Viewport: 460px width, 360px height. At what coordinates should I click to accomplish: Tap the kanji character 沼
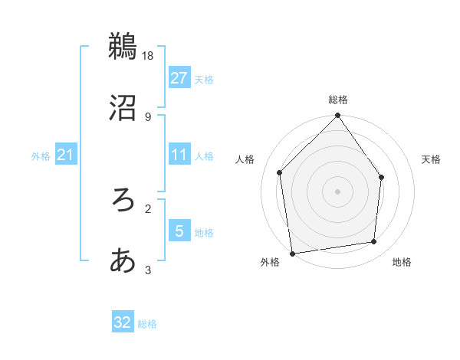(x=123, y=108)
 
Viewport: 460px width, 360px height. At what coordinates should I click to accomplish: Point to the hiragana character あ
(x=123, y=260)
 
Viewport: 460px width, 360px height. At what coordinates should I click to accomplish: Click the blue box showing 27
(x=179, y=78)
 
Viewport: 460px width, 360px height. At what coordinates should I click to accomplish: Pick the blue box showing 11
(x=179, y=155)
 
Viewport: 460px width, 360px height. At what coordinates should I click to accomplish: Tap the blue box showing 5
(x=179, y=231)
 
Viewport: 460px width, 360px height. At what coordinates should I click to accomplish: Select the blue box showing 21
(x=65, y=155)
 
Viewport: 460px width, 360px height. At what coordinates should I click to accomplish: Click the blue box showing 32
(x=123, y=322)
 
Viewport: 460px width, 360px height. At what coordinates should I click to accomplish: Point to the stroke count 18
(x=149, y=55)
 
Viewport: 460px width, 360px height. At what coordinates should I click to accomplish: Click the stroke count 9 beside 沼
(x=148, y=116)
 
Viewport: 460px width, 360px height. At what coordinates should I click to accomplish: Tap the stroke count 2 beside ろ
(x=148, y=208)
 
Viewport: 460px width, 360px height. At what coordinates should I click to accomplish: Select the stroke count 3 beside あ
(x=148, y=270)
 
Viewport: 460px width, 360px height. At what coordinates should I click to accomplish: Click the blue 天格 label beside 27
(x=204, y=79)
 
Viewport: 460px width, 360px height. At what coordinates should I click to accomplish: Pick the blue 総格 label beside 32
(x=147, y=324)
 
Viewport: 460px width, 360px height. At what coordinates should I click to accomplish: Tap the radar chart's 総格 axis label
(x=337, y=100)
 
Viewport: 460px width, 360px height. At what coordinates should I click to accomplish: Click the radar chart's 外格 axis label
(x=270, y=263)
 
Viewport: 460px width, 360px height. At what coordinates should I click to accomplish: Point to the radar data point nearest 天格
(x=382, y=178)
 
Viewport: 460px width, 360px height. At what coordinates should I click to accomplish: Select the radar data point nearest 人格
(x=280, y=172)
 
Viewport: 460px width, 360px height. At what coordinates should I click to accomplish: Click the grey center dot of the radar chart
(x=337, y=191)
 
